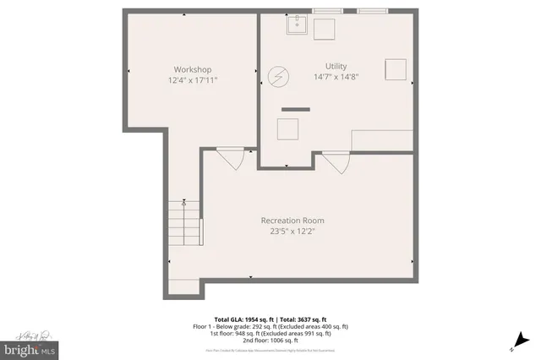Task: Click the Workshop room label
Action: pos(192,69)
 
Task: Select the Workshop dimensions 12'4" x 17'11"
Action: pos(192,80)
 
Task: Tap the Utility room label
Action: pos(336,66)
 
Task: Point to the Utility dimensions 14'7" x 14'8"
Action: pos(336,77)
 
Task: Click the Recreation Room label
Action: pos(292,221)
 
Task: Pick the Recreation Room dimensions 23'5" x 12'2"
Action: pos(292,232)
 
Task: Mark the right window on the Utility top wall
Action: pos(370,11)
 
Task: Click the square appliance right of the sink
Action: pos(325,28)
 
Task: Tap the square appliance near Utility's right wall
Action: pos(395,69)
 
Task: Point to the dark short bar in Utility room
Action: pos(296,109)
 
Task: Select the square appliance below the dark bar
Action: pos(288,129)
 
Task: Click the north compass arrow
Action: pos(512,345)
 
